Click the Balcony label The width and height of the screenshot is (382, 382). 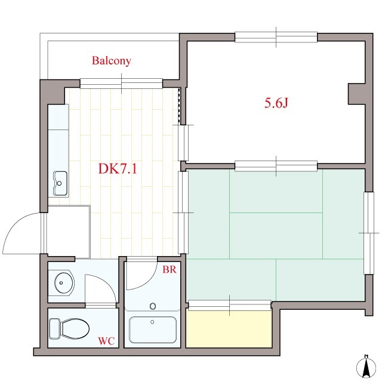tap(111, 61)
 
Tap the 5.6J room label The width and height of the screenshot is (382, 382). tap(276, 103)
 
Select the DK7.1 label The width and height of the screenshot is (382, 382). tap(118, 169)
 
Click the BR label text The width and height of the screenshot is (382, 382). tap(169, 269)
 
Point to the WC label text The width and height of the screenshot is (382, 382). tap(106, 341)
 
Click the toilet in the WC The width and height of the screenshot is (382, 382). tap(69, 328)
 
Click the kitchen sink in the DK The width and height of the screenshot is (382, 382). tap(60, 183)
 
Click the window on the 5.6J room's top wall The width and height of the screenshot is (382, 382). tap(276, 37)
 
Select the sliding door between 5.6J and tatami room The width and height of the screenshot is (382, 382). tap(276, 165)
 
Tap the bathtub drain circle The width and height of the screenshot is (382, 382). tap(153, 307)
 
